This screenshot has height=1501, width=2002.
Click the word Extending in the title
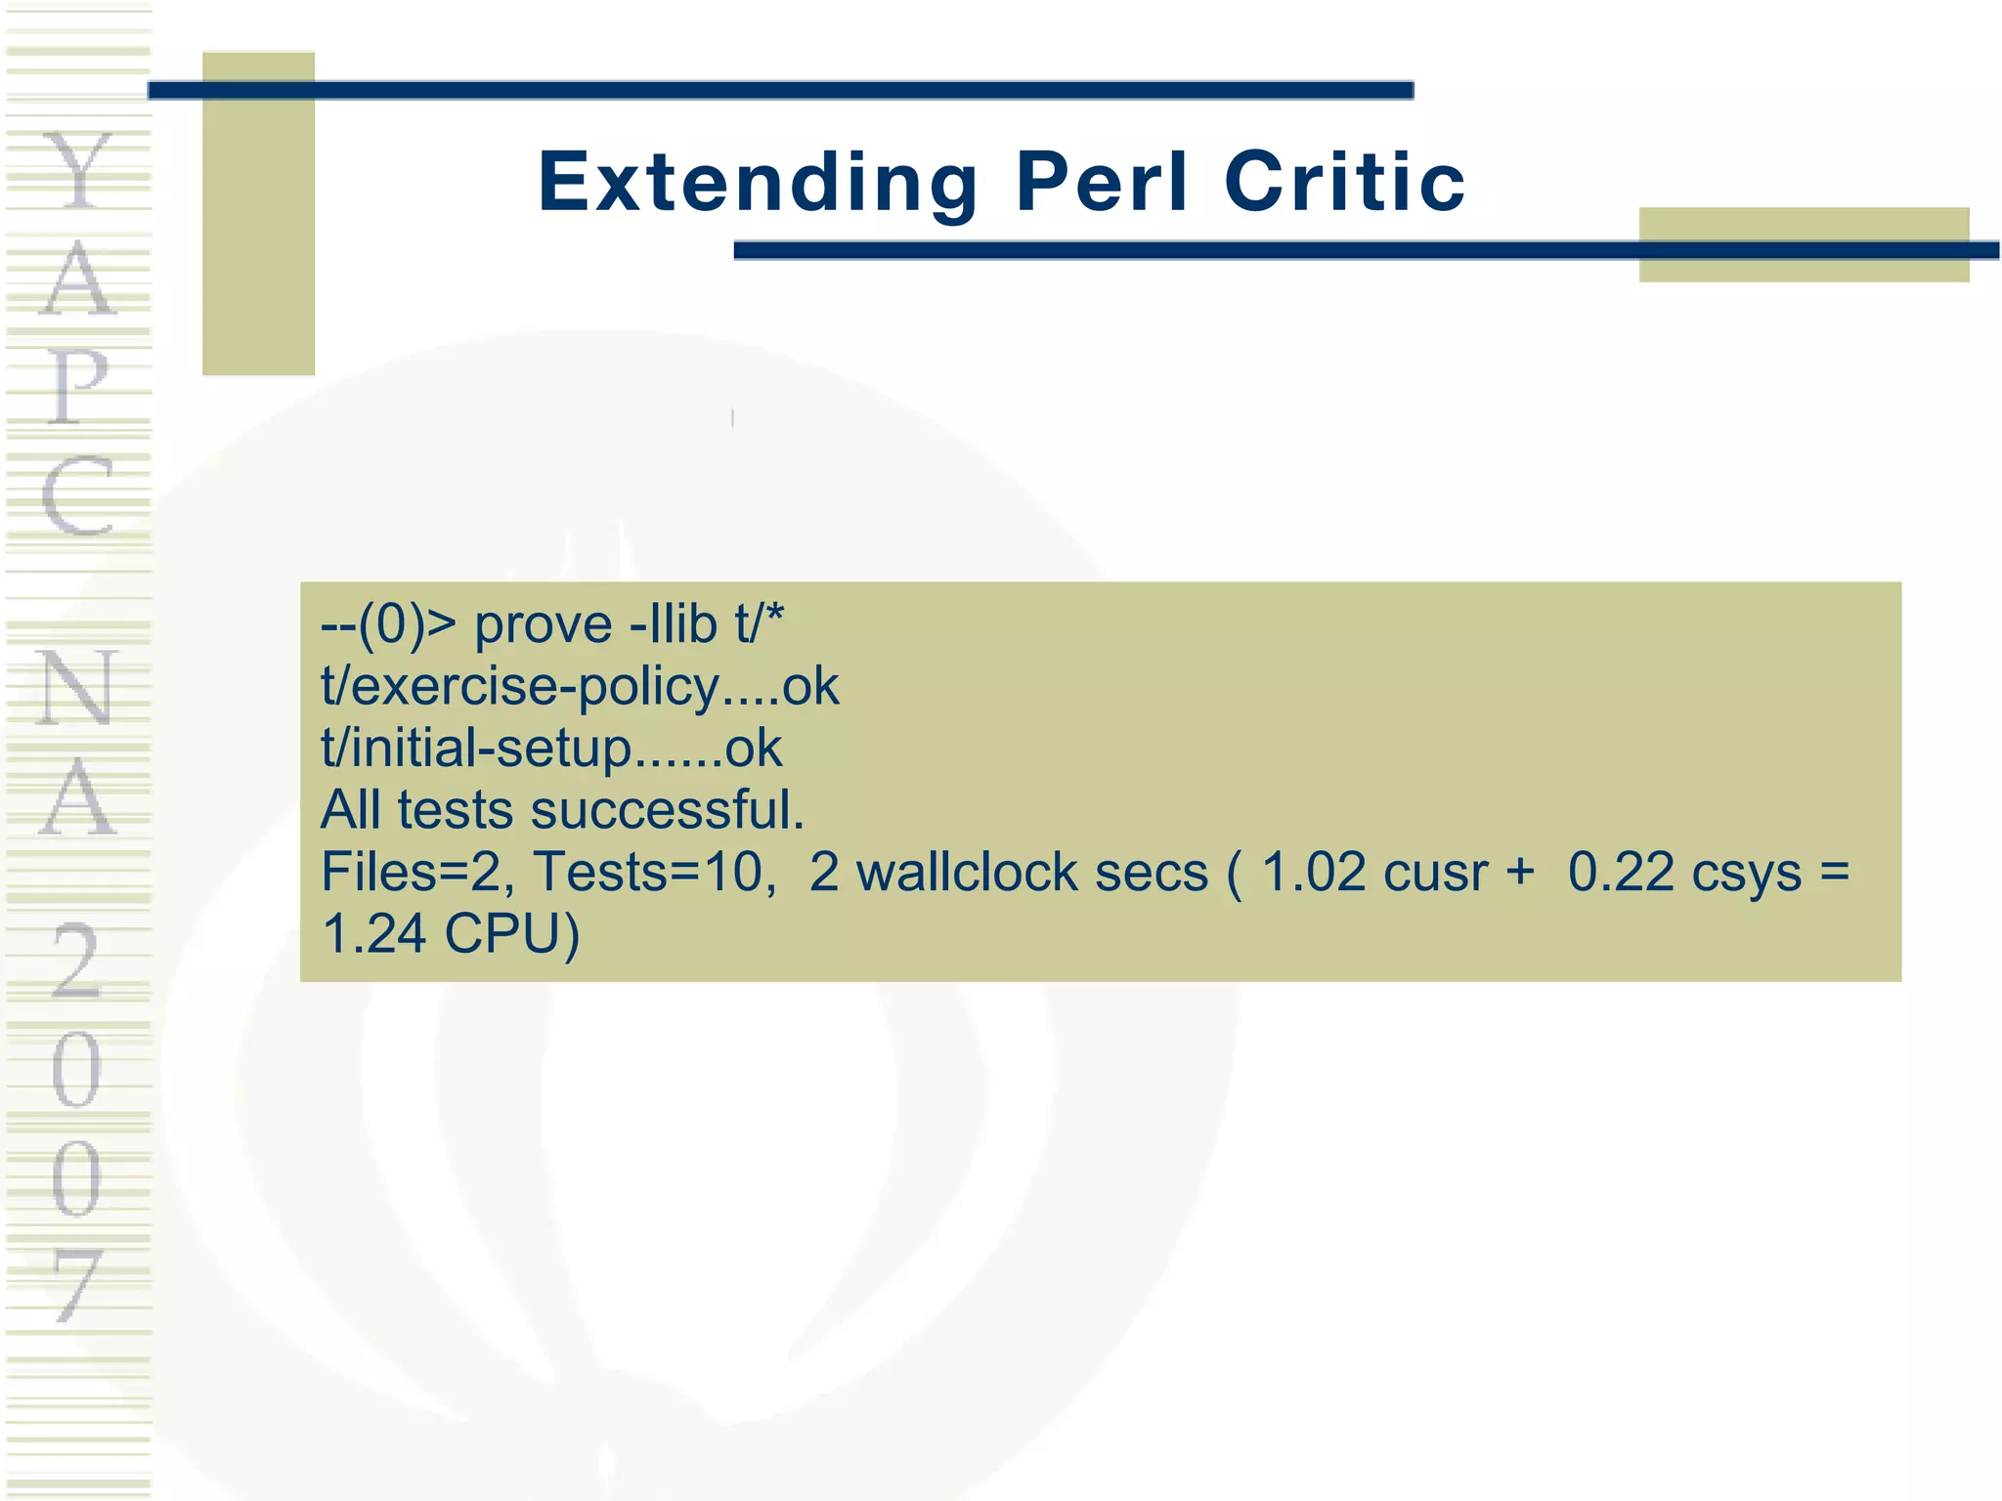coord(758,183)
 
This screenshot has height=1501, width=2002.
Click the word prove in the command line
coord(544,625)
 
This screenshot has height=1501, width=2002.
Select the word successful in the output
coord(667,810)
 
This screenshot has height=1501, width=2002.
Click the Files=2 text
coord(416,872)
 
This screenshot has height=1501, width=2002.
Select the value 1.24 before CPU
coord(374,933)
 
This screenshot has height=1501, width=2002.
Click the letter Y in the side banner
coord(78,171)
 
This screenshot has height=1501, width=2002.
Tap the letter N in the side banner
coord(78,688)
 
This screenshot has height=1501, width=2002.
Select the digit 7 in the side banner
coord(78,1285)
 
